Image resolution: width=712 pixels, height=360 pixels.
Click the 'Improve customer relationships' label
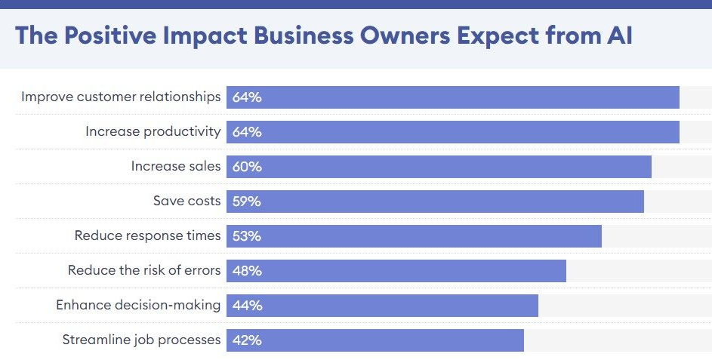121,97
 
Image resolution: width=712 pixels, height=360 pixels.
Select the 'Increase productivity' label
153,131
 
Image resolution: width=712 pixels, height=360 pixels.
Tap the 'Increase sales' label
176,166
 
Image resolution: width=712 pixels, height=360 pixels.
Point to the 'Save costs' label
186,201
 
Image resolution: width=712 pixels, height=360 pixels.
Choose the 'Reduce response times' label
147,235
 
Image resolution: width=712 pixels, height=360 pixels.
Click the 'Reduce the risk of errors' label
144,270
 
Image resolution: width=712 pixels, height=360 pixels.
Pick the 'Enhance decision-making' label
138,305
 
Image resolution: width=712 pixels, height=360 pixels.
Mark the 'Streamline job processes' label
141,340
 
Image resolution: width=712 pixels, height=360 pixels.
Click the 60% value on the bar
247,167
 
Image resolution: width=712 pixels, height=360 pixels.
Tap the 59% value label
247,202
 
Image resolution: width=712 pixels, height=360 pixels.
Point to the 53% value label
247,236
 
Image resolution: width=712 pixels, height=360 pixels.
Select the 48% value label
247,271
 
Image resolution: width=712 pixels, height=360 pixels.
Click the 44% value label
247,306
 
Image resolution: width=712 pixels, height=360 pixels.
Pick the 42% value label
247,340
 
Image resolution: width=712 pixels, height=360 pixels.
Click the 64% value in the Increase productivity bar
247,132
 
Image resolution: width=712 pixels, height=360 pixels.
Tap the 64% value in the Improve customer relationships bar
247,97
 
